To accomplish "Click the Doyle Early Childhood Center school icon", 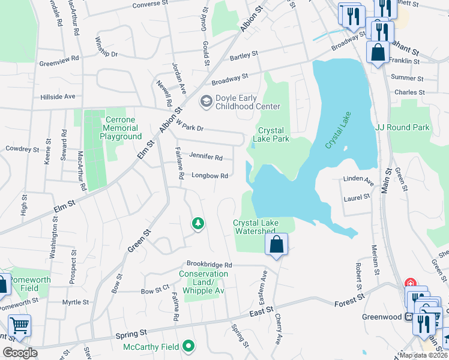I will click(206, 101).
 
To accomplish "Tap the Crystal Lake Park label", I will click(274, 134).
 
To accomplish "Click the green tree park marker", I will click(197, 224).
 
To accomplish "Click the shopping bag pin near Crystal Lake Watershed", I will click(276, 245).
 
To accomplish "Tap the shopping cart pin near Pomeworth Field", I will click(19, 326).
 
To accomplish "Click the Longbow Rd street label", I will click(209, 176).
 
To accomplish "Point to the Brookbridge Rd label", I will click(209, 264).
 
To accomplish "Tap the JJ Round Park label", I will click(402, 127).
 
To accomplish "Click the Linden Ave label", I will click(358, 179).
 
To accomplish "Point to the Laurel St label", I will click(357, 196).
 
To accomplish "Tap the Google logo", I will click(19, 353).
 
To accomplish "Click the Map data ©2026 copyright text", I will click(423, 355).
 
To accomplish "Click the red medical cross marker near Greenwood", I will click(410, 283).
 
